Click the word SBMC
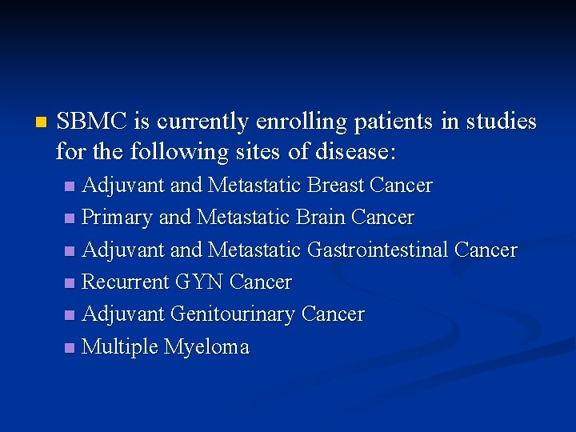(x=92, y=122)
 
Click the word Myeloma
(x=206, y=347)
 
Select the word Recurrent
(x=126, y=282)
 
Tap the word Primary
(x=118, y=218)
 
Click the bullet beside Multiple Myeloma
(x=70, y=348)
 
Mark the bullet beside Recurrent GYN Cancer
(x=70, y=283)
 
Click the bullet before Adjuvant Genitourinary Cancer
(x=70, y=315)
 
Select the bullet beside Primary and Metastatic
(x=70, y=218)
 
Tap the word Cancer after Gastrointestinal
(x=486, y=250)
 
